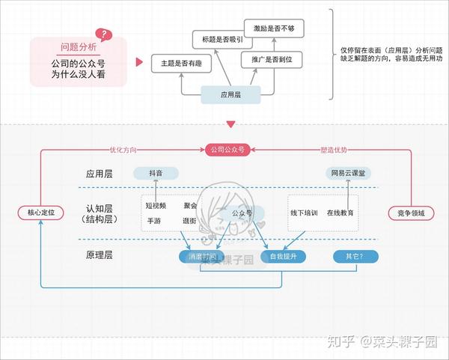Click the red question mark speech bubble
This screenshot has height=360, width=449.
(x=104, y=34)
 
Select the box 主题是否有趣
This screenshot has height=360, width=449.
(x=181, y=64)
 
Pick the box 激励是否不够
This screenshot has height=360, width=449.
(x=278, y=28)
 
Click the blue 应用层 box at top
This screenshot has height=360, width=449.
(x=230, y=95)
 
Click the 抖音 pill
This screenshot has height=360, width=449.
(x=156, y=173)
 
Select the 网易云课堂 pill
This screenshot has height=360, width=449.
(x=348, y=173)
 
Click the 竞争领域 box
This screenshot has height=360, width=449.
(x=411, y=213)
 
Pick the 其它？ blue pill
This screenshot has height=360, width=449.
(x=355, y=257)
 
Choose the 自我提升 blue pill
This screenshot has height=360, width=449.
(x=284, y=257)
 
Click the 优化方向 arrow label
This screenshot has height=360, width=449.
(x=123, y=150)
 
